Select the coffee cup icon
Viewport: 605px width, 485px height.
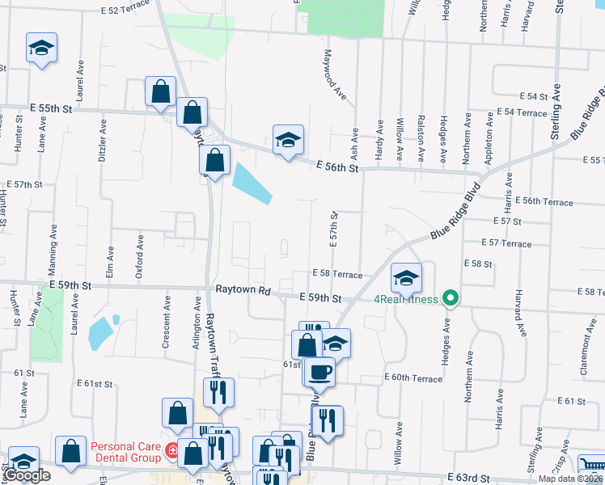tap(320, 371)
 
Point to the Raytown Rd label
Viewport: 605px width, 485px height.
tap(241, 289)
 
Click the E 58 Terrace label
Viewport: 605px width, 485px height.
tap(338, 275)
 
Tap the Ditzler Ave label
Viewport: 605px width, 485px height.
tap(103, 140)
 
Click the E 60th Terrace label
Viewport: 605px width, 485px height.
tap(413, 377)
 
